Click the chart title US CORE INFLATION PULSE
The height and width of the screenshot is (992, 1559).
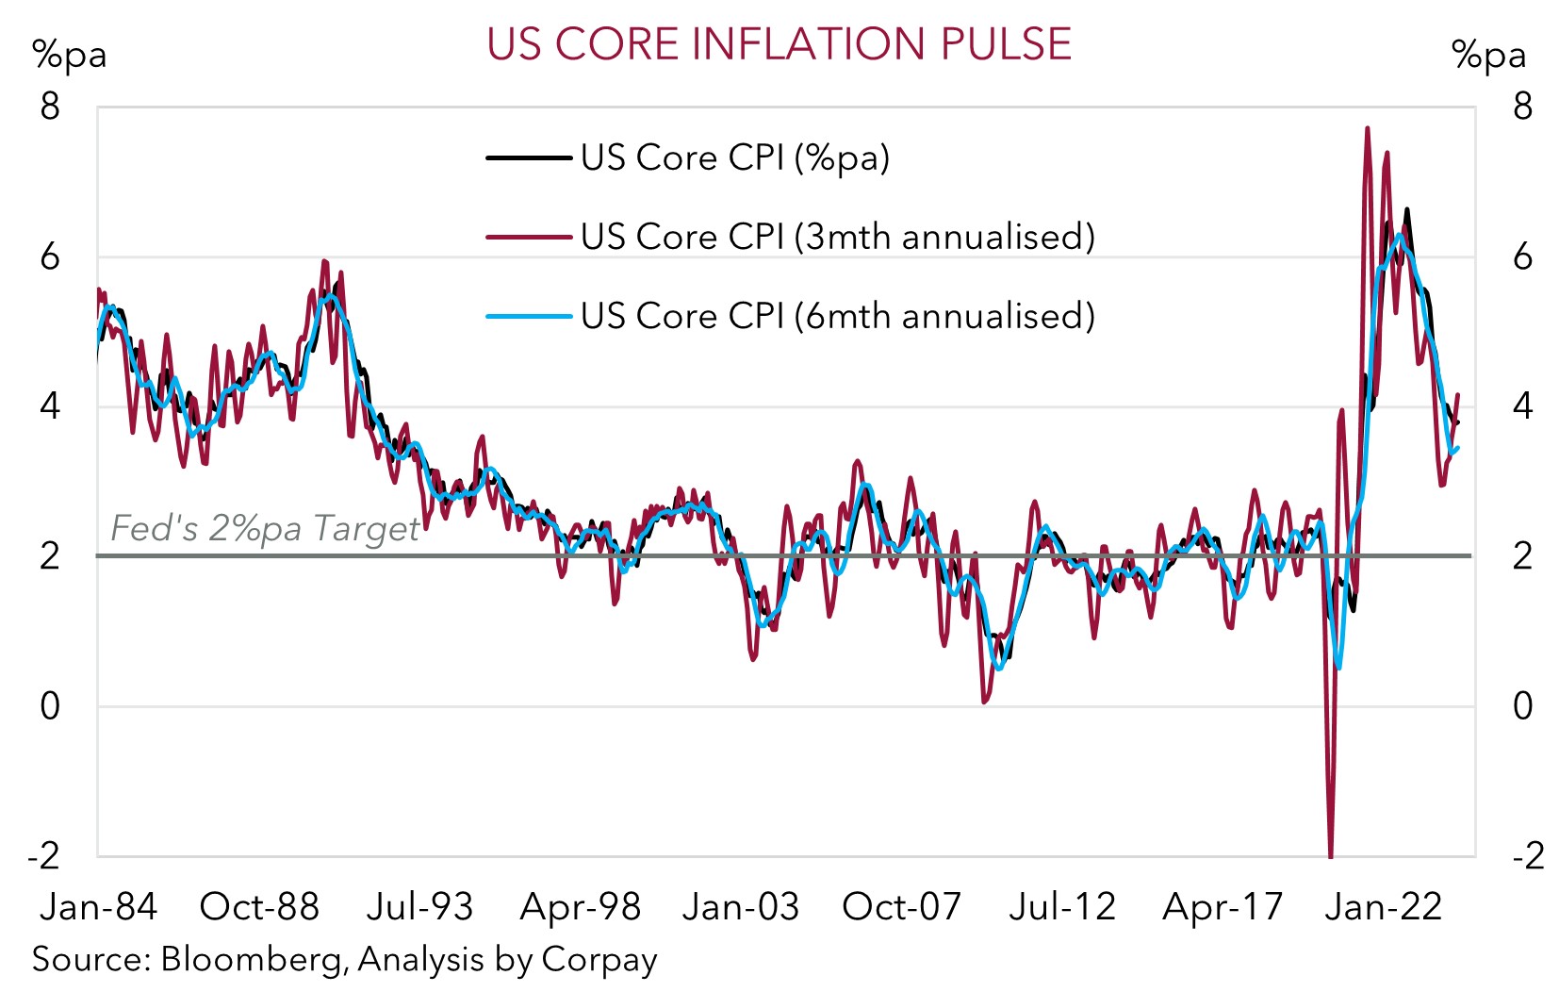point(779,44)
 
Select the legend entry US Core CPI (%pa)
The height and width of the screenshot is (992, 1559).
point(734,157)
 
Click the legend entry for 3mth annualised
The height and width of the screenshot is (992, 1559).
point(837,237)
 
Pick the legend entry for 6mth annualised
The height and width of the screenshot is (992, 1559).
point(837,316)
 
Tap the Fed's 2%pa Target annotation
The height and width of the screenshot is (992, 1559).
point(265,528)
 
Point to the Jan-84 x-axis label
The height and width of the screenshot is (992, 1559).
point(98,907)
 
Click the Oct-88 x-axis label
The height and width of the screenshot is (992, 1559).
point(259,907)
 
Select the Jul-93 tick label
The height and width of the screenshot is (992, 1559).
point(419,907)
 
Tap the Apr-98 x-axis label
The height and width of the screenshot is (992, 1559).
point(581,907)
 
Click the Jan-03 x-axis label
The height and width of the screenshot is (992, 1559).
point(741,907)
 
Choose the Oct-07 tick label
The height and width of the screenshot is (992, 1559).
point(901,907)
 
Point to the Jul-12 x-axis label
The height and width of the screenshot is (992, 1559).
point(1062,907)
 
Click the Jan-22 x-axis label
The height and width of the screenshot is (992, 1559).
point(1383,907)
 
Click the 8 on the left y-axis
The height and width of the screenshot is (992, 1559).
point(50,107)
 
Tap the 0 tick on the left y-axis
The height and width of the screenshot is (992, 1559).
point(50,705)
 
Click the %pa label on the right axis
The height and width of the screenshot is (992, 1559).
point(1488,55)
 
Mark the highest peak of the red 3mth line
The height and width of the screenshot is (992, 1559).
point(1367,128)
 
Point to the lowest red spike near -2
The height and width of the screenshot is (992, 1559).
point(1331,853)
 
